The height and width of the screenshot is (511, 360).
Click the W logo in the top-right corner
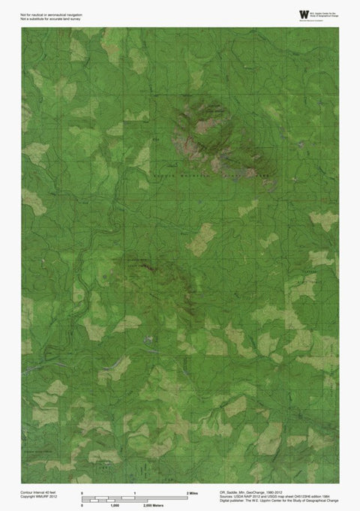[303, 14]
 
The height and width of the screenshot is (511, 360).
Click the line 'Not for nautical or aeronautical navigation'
[51, 14]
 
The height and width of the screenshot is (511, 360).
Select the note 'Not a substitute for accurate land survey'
[50, 19]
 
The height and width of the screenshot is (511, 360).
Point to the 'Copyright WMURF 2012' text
[39, 496]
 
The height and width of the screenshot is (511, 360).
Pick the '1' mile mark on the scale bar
[134, 491]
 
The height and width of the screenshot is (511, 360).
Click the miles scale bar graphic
[134, 497]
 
